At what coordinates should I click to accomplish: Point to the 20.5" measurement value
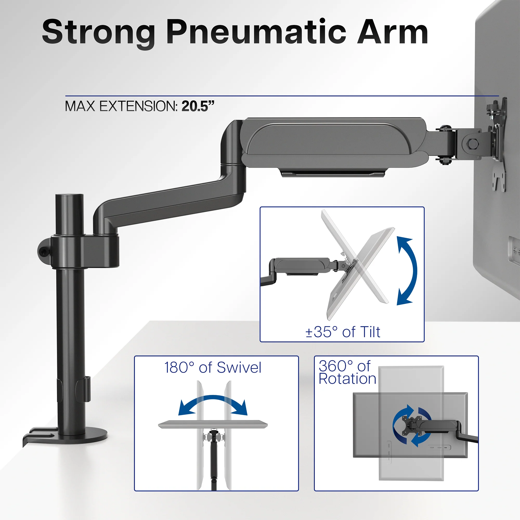point(198,106)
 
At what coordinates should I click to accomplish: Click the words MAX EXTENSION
point(121,106)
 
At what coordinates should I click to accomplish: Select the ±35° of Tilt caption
point(343,332)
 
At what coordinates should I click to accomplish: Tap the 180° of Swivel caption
point(213,368)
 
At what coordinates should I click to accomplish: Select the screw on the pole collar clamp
point(43,251)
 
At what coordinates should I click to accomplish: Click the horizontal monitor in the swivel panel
point(213,425)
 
